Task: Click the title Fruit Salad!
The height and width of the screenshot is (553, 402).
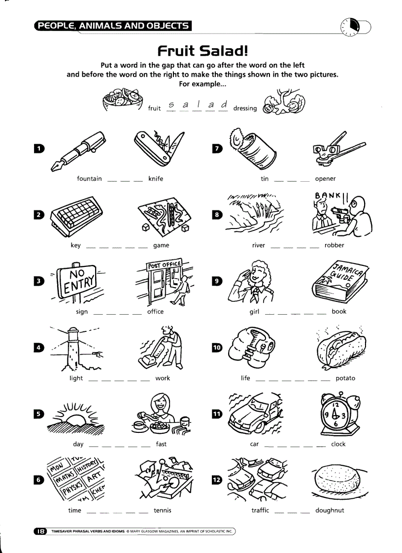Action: coord(202,51)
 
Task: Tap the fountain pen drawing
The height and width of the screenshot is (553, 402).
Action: coord(77,151)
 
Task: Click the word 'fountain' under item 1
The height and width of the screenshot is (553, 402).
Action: coord(89,179)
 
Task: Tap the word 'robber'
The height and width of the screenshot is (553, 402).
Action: coord(334,245)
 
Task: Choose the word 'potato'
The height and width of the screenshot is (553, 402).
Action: coord(345,378)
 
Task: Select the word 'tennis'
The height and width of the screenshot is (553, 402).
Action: coord(162,510)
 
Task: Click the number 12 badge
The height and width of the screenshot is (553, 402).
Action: coord(217,481)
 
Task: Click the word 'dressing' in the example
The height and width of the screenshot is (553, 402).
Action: coord(245,108)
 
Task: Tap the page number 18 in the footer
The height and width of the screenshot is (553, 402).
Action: coord(40,531)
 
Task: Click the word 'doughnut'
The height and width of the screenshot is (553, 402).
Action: coord(330,510)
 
